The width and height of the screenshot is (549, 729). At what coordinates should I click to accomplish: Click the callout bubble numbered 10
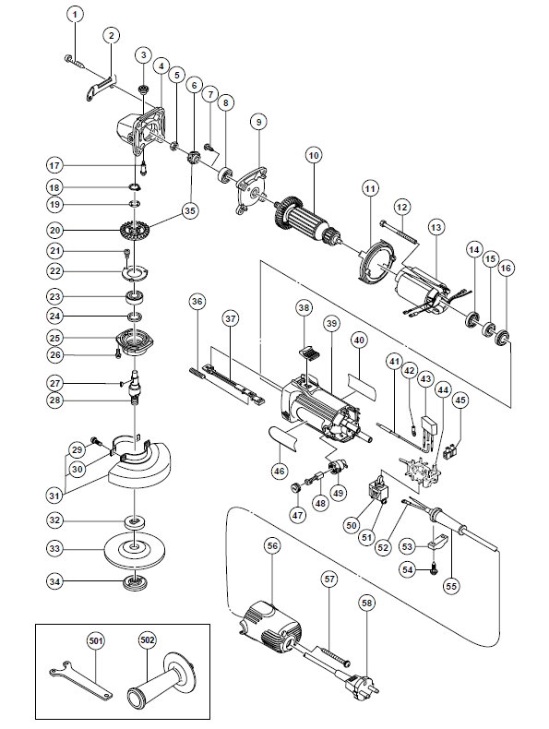(314, 156)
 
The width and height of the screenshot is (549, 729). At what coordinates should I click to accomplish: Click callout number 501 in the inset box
(96, 640)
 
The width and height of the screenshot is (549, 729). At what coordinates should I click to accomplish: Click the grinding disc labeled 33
(135, 550)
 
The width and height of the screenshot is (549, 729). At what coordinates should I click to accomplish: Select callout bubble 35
(190, 210)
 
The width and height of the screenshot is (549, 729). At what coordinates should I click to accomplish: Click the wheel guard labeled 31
(139, 462)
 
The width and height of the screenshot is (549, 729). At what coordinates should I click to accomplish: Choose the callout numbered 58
(367, 604)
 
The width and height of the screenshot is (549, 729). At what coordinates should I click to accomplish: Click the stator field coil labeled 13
(422, 291)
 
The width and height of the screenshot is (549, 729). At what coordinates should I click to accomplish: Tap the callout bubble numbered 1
(76, 15)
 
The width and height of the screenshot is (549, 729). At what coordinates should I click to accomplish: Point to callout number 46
(279, 471)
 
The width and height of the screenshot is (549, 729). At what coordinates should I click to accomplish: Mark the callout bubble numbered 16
(506, 269)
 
